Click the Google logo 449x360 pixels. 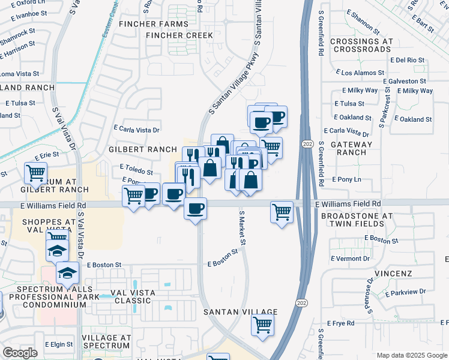(x=20, y=353)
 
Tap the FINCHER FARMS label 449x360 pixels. (x=154, y=24)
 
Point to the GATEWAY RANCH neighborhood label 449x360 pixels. (x=347, y=148)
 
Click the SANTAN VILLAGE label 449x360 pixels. (x=240, y=312)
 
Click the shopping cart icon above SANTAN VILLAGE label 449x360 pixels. (x=263, y=325)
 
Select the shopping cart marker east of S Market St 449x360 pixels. (x=282, y=212)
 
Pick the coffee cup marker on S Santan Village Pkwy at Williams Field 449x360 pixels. (x=195, y=208)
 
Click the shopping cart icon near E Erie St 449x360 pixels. (x=35, y=173)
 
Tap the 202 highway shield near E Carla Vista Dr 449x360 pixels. (x=308, y=145)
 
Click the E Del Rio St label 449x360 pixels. (x=407, y=60)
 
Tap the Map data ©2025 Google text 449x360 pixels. (x=411, y=355)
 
